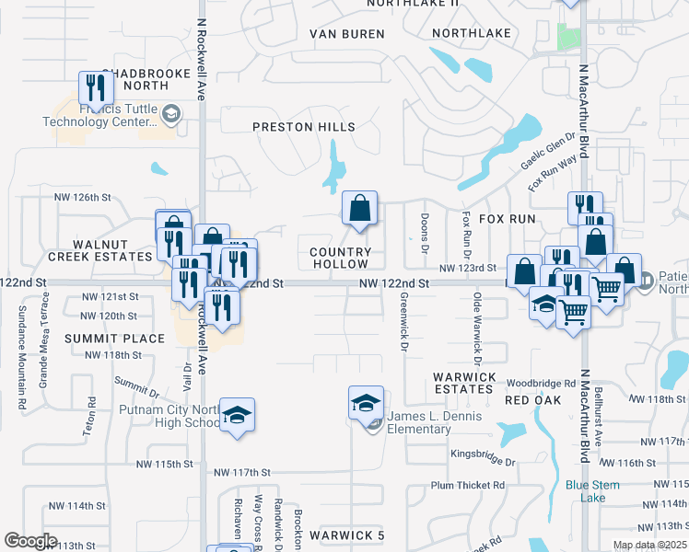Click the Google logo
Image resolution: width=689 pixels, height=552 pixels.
30,541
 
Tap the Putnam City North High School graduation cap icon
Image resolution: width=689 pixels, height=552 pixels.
238,415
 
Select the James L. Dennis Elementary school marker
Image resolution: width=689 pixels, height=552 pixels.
366,403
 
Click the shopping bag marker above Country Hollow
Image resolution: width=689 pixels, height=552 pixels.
359,208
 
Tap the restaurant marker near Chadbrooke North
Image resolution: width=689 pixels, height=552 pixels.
96,88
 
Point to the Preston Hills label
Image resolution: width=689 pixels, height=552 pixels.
304,127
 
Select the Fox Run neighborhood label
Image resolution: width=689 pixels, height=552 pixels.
507,219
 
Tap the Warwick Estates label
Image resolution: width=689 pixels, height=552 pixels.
464,383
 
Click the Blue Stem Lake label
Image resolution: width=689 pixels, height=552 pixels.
592,491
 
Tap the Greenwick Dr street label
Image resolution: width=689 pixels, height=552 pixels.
403,322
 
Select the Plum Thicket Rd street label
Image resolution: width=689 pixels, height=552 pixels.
468,485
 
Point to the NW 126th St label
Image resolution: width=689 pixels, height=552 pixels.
82,198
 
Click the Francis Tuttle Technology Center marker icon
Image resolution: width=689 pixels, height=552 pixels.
170,114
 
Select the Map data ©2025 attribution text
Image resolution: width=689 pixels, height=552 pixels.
648,545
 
